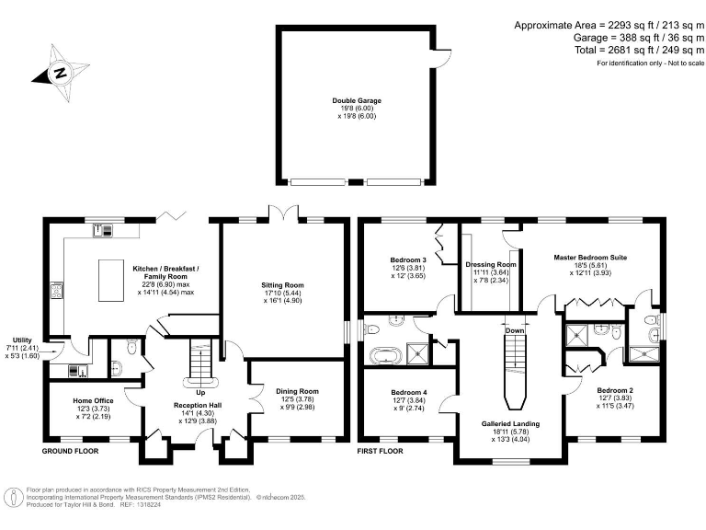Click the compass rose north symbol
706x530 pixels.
click(x=61, y=73)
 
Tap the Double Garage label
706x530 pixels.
click(x=357, y=100)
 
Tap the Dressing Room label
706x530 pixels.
click(x=494, y=265)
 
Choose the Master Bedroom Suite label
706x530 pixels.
click(x=589, y=258)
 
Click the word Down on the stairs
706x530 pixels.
click(x=514, y=330)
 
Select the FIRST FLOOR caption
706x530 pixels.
click(x=381, y=452)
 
